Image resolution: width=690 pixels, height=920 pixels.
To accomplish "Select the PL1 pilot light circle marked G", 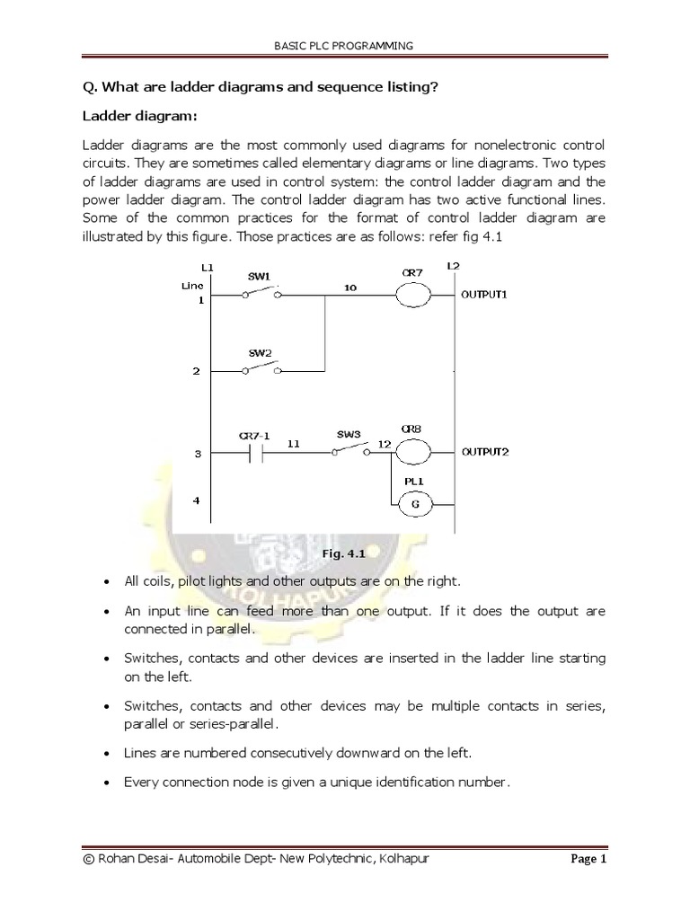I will (x=416, y=505).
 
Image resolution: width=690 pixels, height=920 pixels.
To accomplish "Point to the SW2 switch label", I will (x=260, y=354).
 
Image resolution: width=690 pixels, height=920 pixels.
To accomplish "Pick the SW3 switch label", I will (x=349, y=434).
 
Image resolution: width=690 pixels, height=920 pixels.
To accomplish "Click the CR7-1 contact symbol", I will (x=254, y=454).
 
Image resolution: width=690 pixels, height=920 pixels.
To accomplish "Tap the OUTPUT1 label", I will (x=485, y=294).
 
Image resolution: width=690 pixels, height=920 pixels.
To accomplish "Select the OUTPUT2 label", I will (x=485, y=453).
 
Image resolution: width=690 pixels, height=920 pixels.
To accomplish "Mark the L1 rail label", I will (x=208, y=268).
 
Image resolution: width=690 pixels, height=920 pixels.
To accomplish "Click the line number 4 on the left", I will (x=198, y=500).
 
